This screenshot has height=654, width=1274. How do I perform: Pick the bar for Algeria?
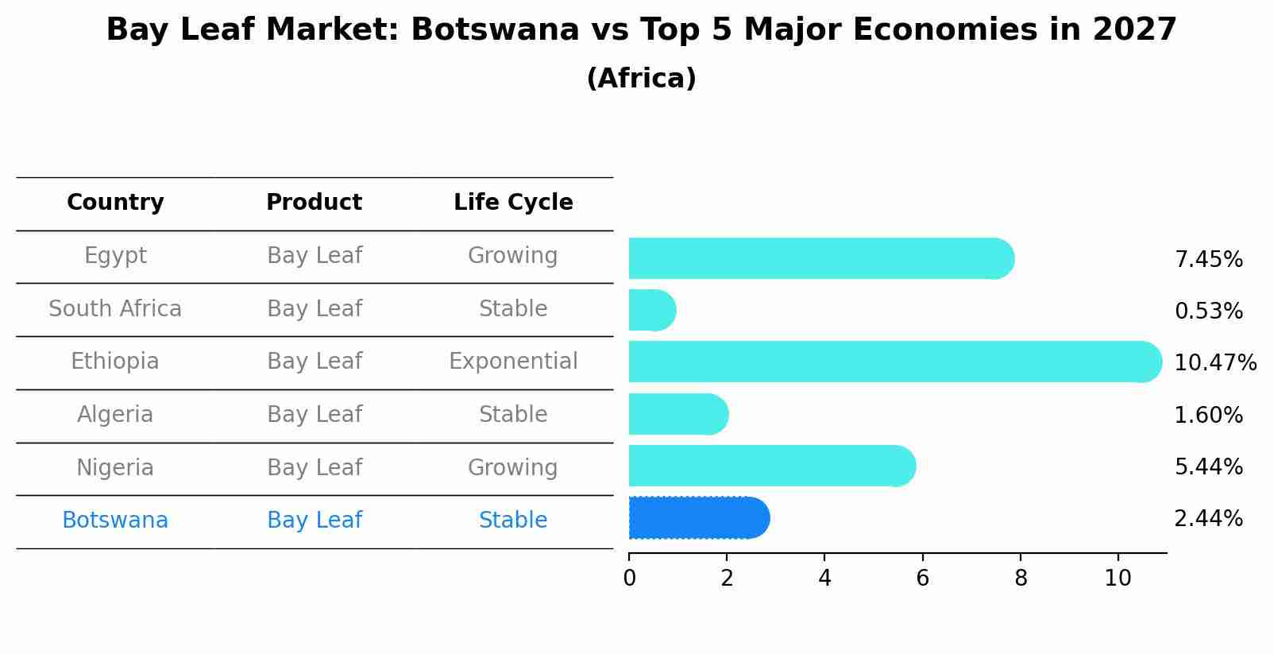coord(678,414)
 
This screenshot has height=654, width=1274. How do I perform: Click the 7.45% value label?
coord(1208,260)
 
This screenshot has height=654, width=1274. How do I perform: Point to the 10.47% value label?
coord(1214,363)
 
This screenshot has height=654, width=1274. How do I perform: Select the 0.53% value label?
coord(1208,312)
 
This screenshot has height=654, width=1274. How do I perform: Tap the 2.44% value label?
coord(1208,519)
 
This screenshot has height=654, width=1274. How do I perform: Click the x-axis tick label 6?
coord(922,579)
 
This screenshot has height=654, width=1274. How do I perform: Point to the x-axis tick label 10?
coord(1118,579)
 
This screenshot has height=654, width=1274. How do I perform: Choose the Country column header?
coord(115,203)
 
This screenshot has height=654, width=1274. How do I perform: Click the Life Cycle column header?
coord(513,203)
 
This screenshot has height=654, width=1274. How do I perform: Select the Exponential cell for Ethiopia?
coord(513,362)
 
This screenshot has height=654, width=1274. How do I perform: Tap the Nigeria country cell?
coord(115,467)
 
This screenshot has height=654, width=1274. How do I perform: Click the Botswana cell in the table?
coord(115,520)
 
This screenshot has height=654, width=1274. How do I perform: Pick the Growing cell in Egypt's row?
coord(513,256)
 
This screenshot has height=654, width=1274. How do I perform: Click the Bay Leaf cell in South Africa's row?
coord(315,308)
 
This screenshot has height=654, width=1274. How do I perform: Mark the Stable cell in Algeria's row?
coord(513,415)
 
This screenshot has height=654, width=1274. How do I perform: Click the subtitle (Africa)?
coord(641,79)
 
